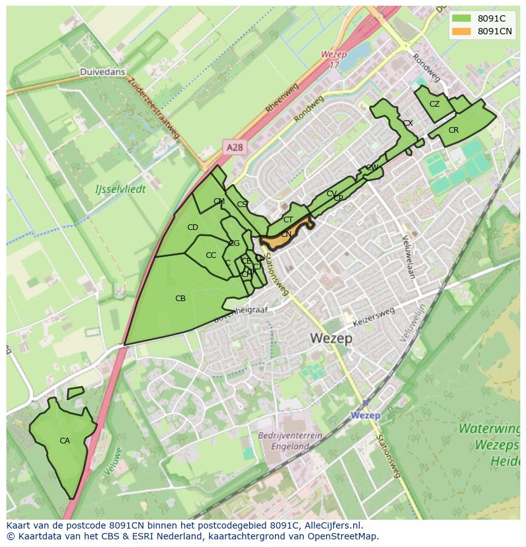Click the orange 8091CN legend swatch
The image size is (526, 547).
[462, 31]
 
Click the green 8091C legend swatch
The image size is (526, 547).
[462, 18]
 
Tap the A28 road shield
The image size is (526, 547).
[234, 147]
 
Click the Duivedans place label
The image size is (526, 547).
[102, 72]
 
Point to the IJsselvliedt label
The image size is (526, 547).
[120, 189]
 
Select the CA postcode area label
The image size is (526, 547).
[65, 441]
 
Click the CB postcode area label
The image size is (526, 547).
[180, 298]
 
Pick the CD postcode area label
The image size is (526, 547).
[192, 227]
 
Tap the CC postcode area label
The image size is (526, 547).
[211, 255]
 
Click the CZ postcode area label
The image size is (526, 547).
[435, 104]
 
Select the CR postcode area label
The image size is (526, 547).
[454, 130]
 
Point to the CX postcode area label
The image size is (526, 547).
[408, 123]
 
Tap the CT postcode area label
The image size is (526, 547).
[288, 220]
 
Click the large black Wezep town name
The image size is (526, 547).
[332, 339]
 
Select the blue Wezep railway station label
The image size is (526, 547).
[365, 415]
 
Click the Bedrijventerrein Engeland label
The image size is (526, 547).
[290, 441]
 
